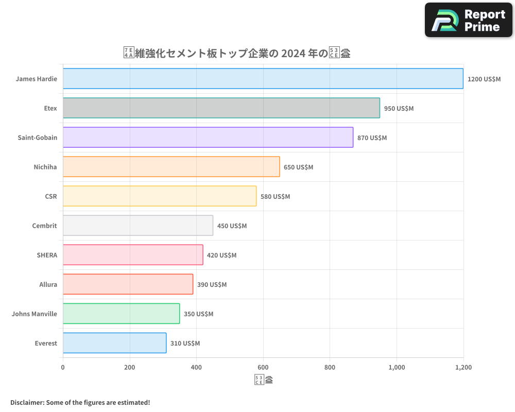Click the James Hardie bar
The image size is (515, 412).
point(263,79)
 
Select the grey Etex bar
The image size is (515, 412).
point(221,108)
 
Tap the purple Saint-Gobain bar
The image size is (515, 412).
point(208,138)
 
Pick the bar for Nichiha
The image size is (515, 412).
point(171,167)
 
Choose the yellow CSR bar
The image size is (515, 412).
point(160,196)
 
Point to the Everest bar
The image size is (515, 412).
point(114,343)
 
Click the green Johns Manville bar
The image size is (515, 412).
point(121,314)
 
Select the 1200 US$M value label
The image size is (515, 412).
point(484,79)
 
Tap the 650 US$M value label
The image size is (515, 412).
point(298,167)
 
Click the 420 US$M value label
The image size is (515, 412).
point(221,255)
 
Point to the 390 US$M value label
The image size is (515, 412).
point(212,285)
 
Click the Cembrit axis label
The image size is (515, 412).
point(44,226)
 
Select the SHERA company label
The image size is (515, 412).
point(47,255)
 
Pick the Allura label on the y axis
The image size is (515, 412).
point(48,284)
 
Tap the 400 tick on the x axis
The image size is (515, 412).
point(196,368)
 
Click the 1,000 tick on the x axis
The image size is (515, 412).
point(397,368)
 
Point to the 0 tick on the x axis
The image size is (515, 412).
point(63,368)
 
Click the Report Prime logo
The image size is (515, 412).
point(469,20)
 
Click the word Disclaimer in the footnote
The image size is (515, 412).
point(27,402)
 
